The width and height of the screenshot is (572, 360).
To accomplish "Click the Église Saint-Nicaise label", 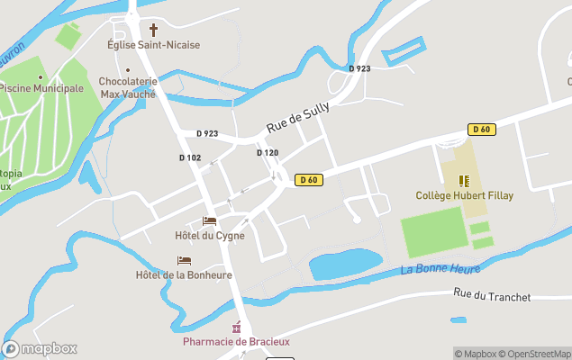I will click(153, 45).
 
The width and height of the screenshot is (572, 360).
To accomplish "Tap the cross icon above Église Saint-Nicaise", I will click(153, 30).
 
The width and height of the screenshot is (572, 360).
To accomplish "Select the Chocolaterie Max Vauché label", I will click(128, 87).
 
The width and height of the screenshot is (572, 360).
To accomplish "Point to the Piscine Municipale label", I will click(41, 88).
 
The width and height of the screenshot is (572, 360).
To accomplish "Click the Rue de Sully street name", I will click(298, 118).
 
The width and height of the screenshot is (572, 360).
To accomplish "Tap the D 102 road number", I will click(189, 157).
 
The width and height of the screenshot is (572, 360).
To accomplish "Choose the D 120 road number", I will click(267, 153).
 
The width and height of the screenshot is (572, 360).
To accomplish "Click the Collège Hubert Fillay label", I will click(464, 195).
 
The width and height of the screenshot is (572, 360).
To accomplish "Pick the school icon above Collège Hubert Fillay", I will click(464, 181).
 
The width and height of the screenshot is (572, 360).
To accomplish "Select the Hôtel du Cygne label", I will click(209, 236).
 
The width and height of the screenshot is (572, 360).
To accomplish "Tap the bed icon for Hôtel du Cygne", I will click(209, 221).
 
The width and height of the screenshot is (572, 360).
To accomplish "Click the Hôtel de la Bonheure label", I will click(183, 275).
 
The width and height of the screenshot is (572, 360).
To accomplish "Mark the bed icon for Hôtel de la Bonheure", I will click(183, 261).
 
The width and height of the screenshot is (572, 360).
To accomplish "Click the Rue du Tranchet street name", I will click(492, 295).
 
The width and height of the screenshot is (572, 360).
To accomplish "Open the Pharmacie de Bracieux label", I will click(237, 341).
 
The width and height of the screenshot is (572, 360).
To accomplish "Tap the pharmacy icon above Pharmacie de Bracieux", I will click(237, 327).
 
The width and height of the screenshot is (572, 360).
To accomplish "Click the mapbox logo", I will click(40, 348).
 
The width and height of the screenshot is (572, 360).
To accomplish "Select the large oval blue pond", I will click(345, 264).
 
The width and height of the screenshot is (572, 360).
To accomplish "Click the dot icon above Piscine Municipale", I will click(40, 76).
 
